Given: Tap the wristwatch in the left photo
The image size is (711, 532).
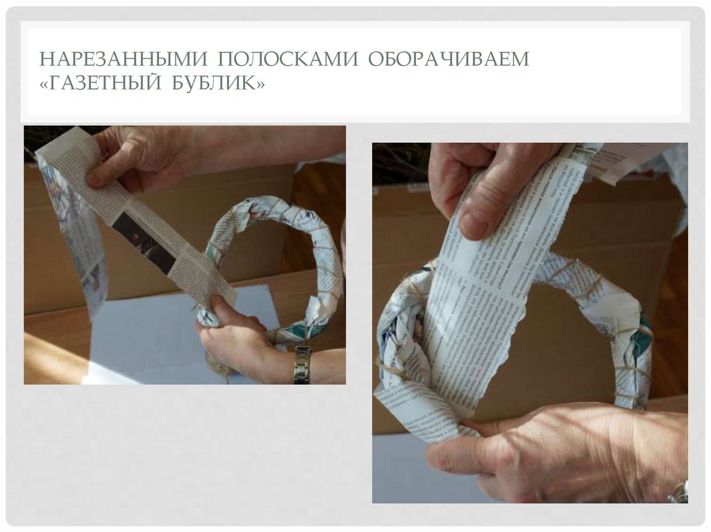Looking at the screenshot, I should pos(301,364).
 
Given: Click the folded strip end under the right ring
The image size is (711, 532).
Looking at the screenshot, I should pos(417,409).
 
